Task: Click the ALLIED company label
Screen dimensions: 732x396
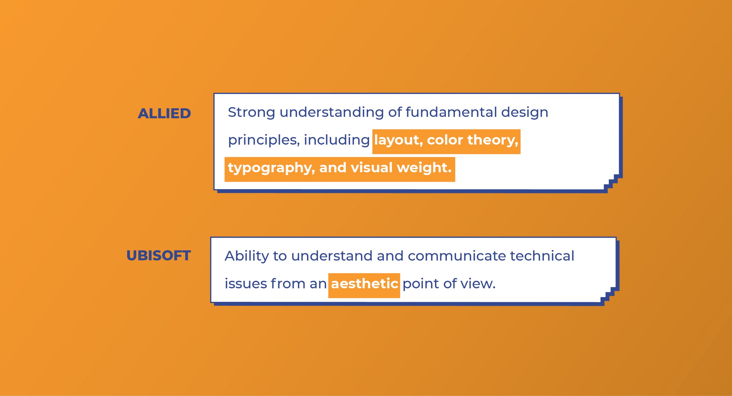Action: click(x=164, y=113)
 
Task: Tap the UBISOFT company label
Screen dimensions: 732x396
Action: click(x=159, y=256)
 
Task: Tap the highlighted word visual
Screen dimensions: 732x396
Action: click(x=372, y=167)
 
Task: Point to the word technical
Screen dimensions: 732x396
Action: click(x=542, y=256)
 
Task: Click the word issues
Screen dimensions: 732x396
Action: click(x=246, y=284)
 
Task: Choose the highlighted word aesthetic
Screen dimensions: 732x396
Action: click(x=364, y=284)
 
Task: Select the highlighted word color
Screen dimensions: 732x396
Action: click(x=445, y=140)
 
